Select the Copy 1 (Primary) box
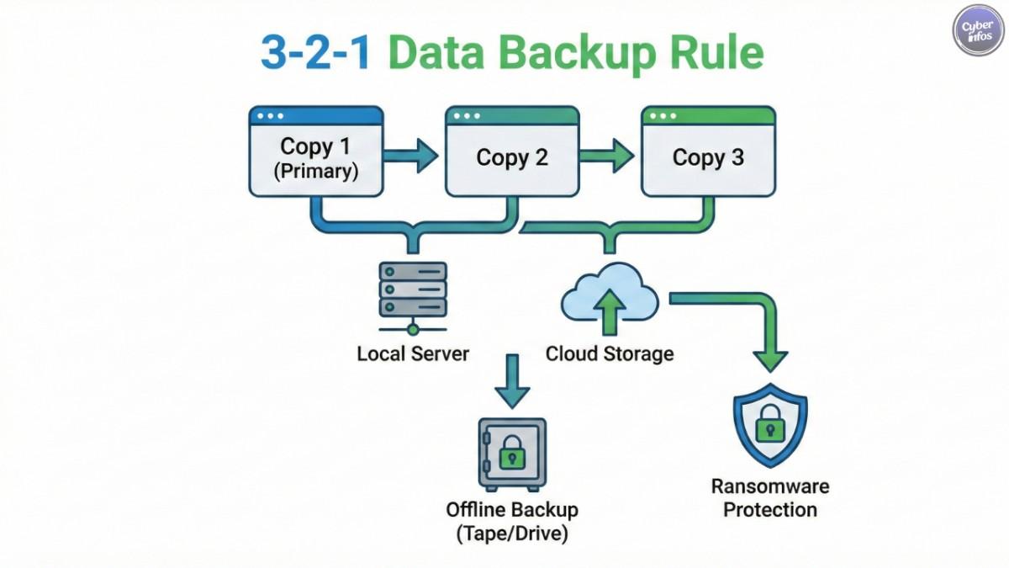[315, 151]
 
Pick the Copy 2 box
[512, 151]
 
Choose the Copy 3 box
[708, 151]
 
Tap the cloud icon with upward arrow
[610, 300]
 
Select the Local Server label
[413, 353]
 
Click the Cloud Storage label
[610, 353]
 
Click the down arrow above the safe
[512, 383]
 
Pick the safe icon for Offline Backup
[512, 454]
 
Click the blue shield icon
[769, 426]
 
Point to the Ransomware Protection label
[769, 497]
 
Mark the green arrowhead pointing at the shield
[769, 358]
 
